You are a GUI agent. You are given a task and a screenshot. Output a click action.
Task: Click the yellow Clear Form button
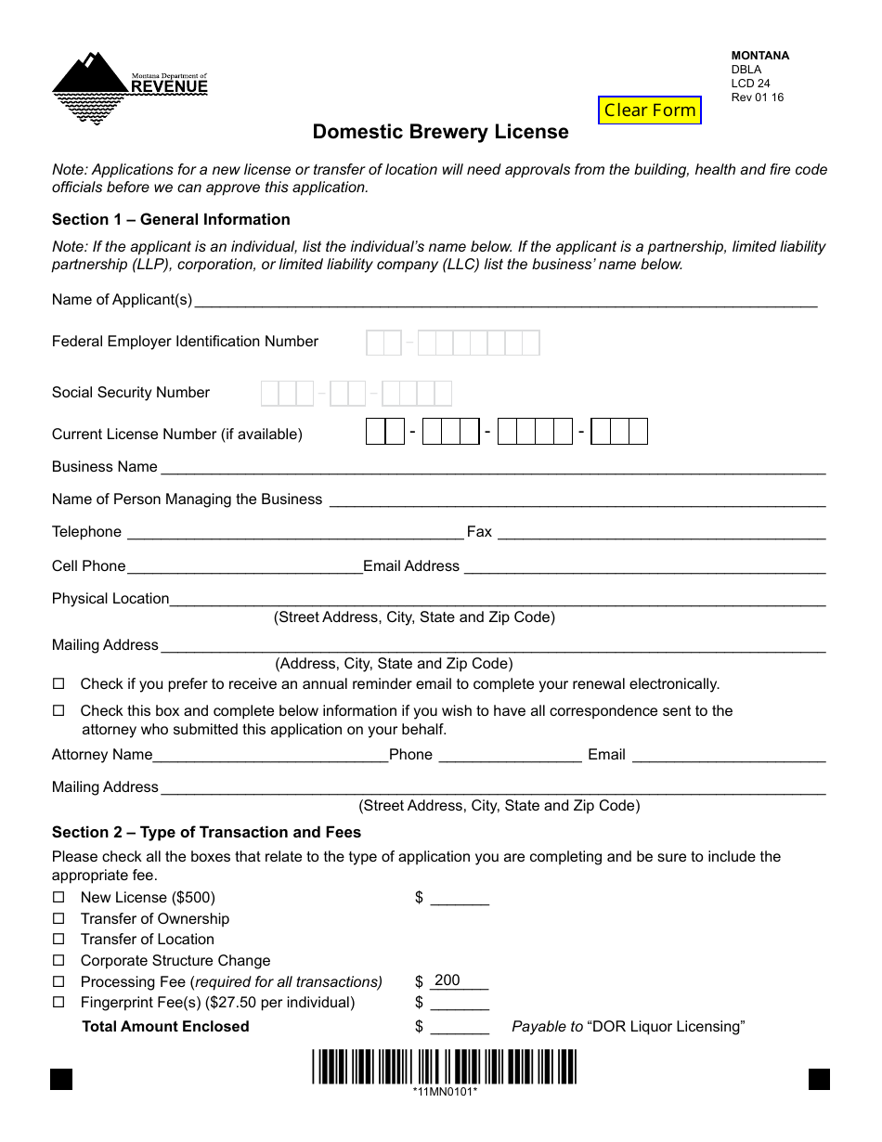[650, 110]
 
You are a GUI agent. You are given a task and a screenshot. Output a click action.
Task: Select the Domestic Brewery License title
[440, 132]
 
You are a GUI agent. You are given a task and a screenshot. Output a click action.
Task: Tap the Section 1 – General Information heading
[171, 219]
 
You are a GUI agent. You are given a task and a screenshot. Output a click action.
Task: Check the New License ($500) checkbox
[58, 898]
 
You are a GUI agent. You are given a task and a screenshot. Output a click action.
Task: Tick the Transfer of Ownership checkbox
[58, 919]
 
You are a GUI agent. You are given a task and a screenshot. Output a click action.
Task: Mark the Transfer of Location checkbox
[58, 940]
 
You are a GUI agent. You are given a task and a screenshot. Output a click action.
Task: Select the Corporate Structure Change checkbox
[58, 961]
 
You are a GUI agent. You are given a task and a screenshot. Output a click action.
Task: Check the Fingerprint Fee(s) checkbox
[58, 1003]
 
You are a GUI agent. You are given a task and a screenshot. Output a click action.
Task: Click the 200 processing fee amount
[447, 980]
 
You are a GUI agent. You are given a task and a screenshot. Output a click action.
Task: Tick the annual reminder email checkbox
[58, 684]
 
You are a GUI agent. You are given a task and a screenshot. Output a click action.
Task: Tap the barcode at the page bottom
[444, 1066]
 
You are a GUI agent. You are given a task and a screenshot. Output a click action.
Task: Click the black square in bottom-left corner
[61, 1079]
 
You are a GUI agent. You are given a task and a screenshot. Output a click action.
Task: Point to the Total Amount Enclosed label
[165, 1026]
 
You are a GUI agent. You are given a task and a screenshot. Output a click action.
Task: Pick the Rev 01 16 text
[758, 97]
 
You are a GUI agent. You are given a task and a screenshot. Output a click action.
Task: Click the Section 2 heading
[206, 832]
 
